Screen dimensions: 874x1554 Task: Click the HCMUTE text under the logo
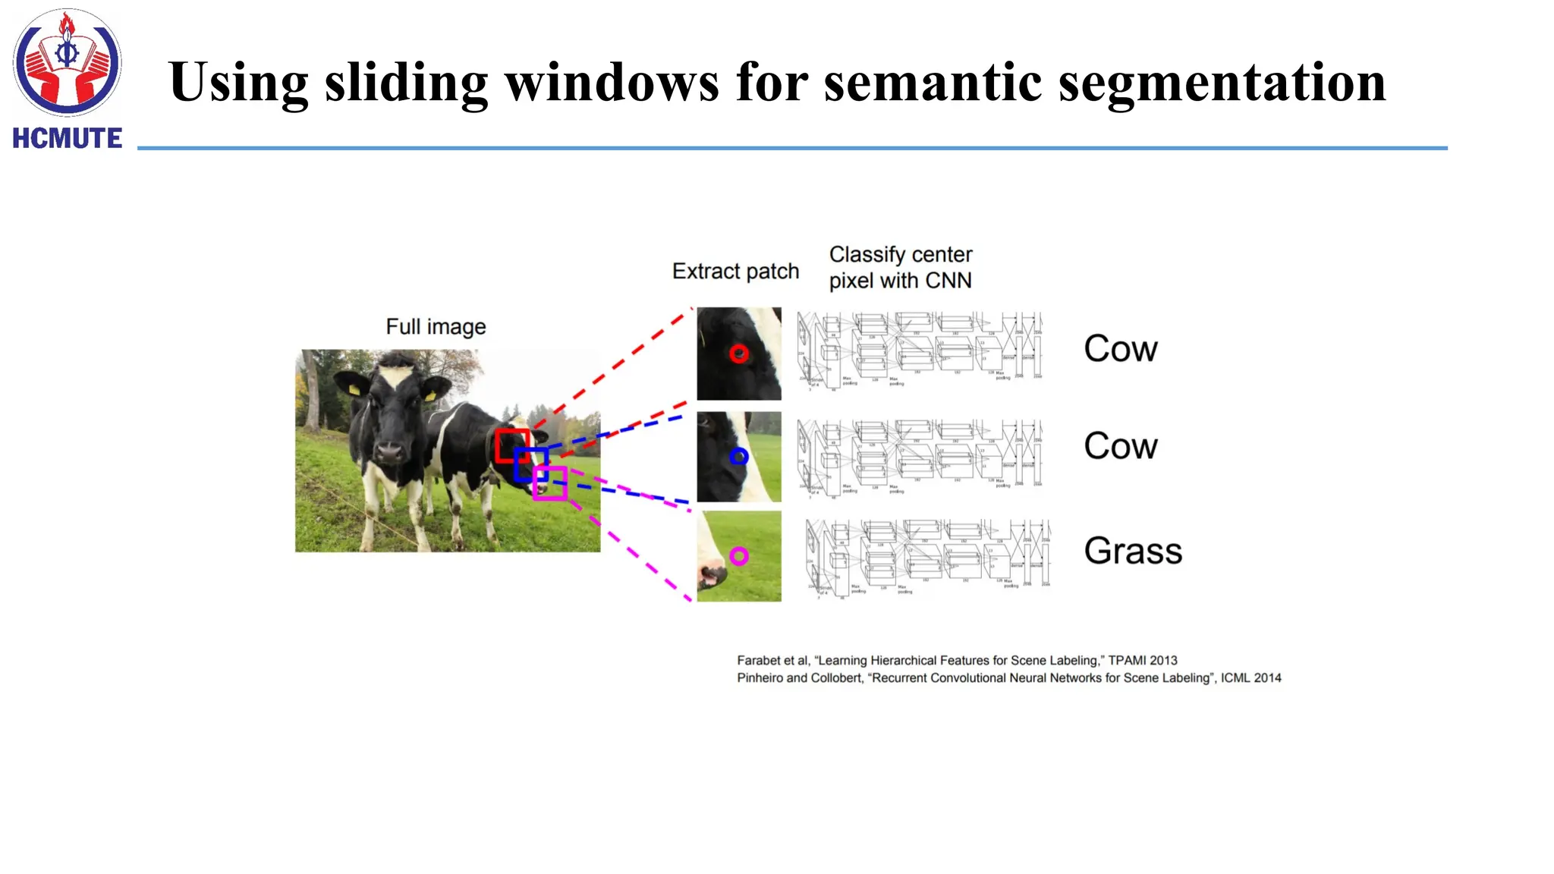(x=67, y=138)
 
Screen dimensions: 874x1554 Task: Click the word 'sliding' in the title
(x=406, y=82)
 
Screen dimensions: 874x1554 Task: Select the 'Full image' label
(x=436, y=327)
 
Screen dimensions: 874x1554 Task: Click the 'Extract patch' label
(x=735, y=272)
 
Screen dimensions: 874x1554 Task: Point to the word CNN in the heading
(x=948, y=281)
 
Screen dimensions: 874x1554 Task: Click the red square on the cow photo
(x=512, y=446)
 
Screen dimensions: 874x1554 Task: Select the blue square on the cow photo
(x=530, y=464)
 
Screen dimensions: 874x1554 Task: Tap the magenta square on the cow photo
(x=550, y=483)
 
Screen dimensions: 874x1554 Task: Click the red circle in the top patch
(x=738, y=354)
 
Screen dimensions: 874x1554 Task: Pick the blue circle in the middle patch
(x=738, y=456)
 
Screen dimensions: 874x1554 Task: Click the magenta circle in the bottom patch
(x=738, y=556)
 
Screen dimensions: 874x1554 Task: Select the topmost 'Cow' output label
(x=1120, y=349)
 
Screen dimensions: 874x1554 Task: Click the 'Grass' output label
(x=1132, y=551)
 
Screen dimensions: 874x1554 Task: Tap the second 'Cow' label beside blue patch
(x=1120, y=446)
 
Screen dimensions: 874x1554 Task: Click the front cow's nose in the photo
(x=390, y=452)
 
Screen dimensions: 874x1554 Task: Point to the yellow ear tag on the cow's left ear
(x=354, y=388)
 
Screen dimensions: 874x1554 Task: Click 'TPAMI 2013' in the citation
(x=1142, y=661)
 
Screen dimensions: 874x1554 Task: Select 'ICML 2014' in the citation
(x=1250, y=678)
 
